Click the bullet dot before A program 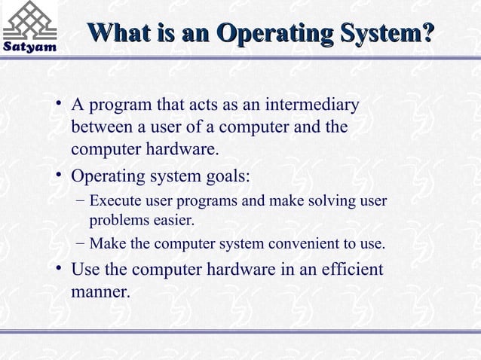tap(58, 104)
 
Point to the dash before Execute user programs tap(81, 201)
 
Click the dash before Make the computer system tap(81, 244)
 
